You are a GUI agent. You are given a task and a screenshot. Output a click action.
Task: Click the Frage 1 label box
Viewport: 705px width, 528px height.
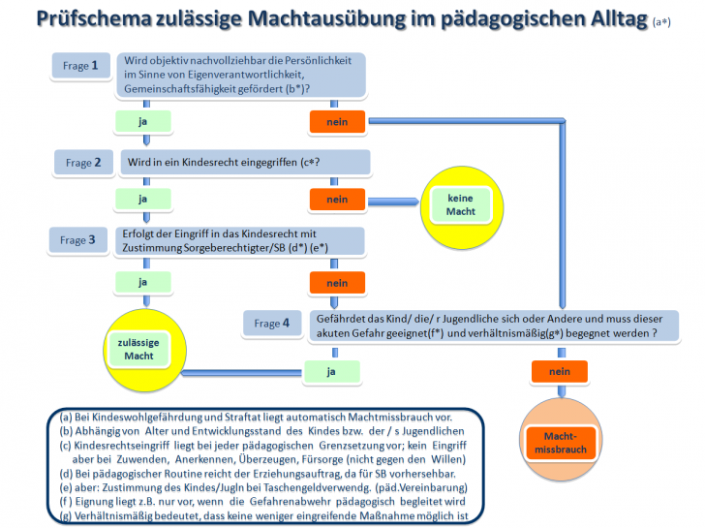tap(81, 66)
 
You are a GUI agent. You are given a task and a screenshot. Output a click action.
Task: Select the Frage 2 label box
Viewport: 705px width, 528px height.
tap(83, 163)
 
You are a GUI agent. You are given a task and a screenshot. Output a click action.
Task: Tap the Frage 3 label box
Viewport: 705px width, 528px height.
tap(77, 239)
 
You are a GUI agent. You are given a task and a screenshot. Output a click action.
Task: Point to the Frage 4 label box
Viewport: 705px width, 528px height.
tap(272, 323)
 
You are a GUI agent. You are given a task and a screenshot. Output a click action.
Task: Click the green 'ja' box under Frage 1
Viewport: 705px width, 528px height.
tap(143, 121)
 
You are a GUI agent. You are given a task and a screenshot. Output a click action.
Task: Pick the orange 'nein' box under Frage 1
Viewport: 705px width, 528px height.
tap(337, 122)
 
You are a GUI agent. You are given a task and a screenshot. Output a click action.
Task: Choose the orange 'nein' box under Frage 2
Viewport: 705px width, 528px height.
tap(337, 200)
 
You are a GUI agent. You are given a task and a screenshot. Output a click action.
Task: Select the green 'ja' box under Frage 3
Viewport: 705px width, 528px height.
tap(143, 283)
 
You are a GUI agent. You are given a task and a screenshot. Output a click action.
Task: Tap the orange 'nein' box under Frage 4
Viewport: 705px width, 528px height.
tap(560, 371)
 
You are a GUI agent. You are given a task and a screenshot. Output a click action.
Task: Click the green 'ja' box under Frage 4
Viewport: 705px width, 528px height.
tap(332, 371)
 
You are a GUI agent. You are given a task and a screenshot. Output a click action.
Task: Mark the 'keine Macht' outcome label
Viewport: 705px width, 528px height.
tap(460, 205)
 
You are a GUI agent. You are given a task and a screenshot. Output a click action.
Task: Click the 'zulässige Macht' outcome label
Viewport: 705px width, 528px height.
tap(138, 349)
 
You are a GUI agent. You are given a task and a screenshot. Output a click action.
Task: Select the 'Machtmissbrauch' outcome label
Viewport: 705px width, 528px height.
tap(561, 443)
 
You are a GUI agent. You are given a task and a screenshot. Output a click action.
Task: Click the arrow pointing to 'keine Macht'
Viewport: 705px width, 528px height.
tap(393, 202)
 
